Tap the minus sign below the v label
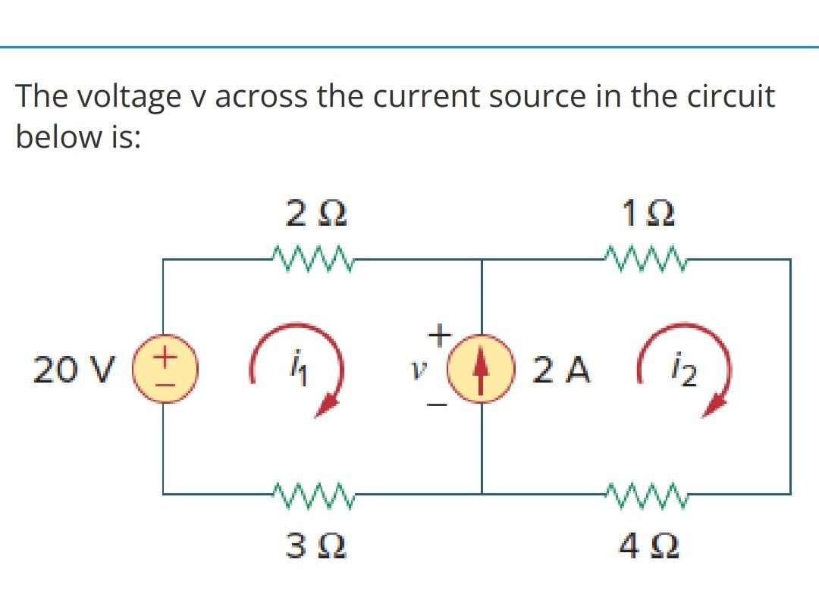coord(441,408)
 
